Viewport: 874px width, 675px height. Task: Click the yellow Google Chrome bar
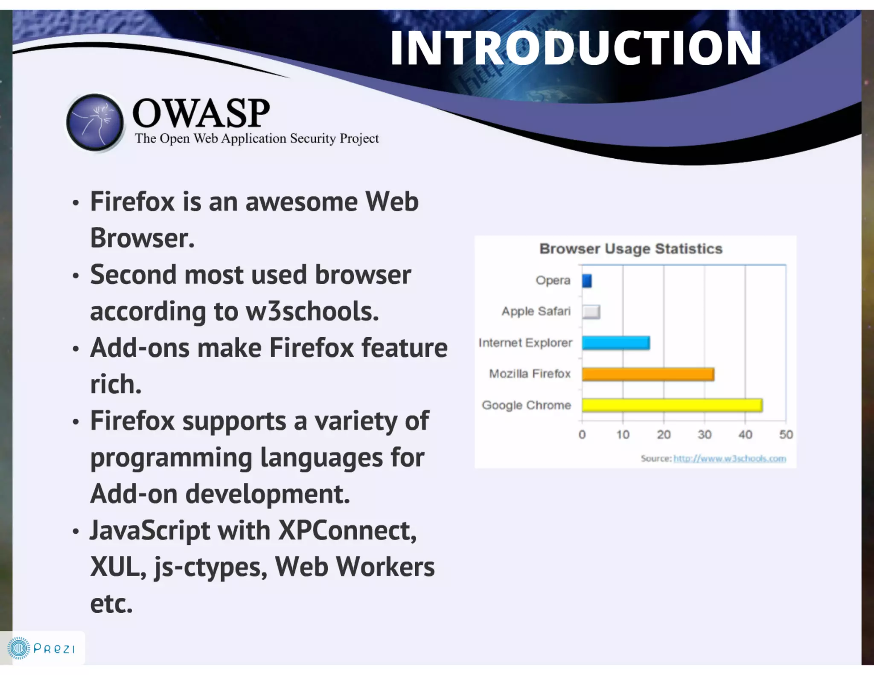[672, 405]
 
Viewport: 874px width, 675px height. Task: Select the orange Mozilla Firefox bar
[648, 374]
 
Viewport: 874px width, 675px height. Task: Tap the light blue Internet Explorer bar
[615, 343]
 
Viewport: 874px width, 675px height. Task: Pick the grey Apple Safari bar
[591, 312]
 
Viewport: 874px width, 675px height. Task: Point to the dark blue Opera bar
[587, 281]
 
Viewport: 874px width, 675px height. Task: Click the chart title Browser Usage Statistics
[631, 249]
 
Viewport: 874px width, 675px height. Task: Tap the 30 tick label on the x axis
[705, 435]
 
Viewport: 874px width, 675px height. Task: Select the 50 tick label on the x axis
[786, 435]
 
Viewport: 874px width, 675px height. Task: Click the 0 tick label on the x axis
[582, 435]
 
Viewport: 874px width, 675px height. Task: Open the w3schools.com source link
[729, 459]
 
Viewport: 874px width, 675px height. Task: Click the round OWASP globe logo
[95, 122]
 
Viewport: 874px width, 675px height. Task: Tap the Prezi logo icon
[18, 649]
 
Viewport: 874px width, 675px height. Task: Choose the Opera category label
[553, 281]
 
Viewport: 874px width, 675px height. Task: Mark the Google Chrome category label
[526, 405]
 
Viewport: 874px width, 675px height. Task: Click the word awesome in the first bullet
[301, 201]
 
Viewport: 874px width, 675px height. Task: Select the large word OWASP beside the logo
[201, 113]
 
